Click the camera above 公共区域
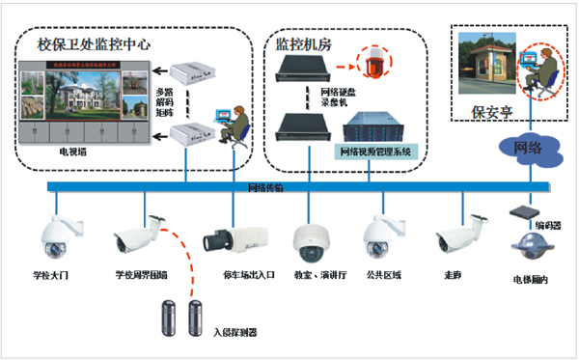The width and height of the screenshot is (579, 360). (378, 236)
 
